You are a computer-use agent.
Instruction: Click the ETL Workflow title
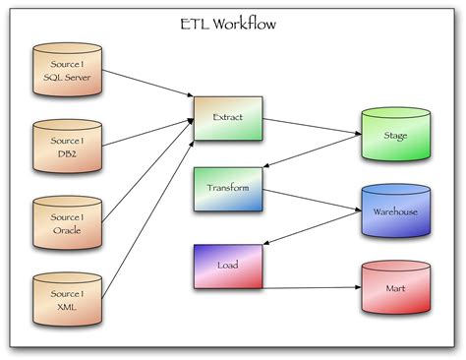coord(233,22)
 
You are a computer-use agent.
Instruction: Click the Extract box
coord(228,117)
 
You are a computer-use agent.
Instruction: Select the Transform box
coord(228,188)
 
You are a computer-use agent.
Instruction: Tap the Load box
coord(228,266)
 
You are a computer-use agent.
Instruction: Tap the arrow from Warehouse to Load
coord(312,234)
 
